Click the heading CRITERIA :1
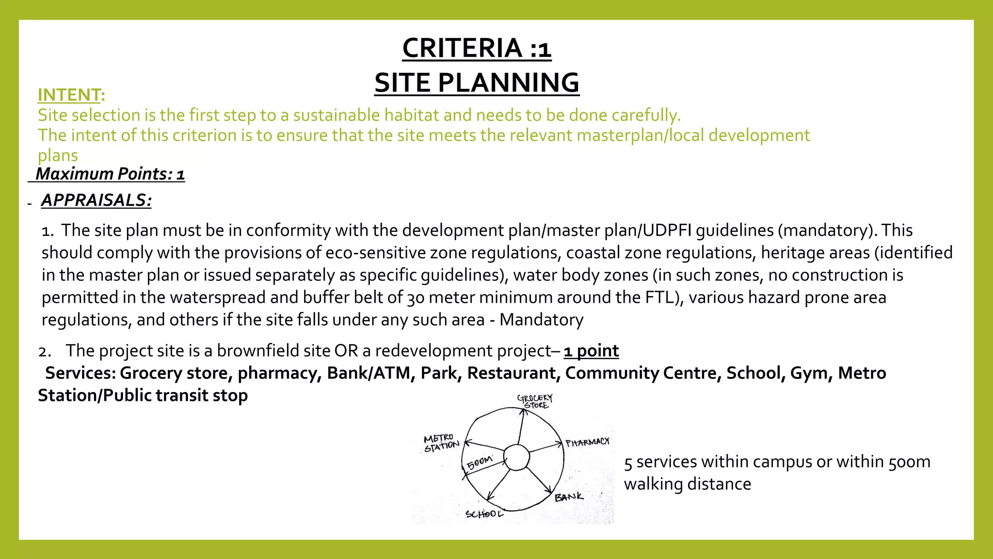pos(477,48)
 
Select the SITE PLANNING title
pos(477,82)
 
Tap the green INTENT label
pos(69,95)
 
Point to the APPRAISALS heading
pos(96,200)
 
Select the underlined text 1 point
pos(591,350)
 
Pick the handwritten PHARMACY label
pos(587,442)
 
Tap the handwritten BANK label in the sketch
pos(569,497)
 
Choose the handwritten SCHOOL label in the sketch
pos(484,514)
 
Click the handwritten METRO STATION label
pos(441,443)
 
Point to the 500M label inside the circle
pos(480,462)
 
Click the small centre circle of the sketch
pos(516,458)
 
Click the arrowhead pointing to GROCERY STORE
pos(523,411)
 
